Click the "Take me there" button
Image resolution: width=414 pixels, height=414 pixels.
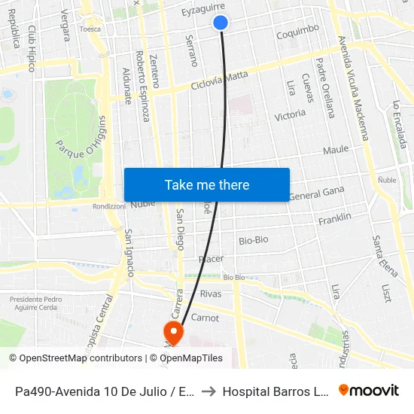[x=206, y=184]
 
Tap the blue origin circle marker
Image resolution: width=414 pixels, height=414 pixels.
[x=221, y=23]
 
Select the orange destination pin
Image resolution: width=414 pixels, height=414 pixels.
[x=173, y=332]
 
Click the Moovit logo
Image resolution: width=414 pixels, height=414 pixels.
[x=369, y=391]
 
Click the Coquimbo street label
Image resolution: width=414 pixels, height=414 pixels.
[x=297, y=32]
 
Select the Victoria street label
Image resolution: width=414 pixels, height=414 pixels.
[x=290, y=114]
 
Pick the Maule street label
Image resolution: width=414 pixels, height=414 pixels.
[x=336, y=150]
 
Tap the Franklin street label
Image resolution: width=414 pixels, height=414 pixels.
[x=334, y=219]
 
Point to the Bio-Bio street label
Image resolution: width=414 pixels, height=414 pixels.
[x=253, y=240]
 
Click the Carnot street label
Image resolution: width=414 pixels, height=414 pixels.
[x=205, y=318]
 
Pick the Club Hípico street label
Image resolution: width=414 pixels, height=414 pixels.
[x=32, y=49]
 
